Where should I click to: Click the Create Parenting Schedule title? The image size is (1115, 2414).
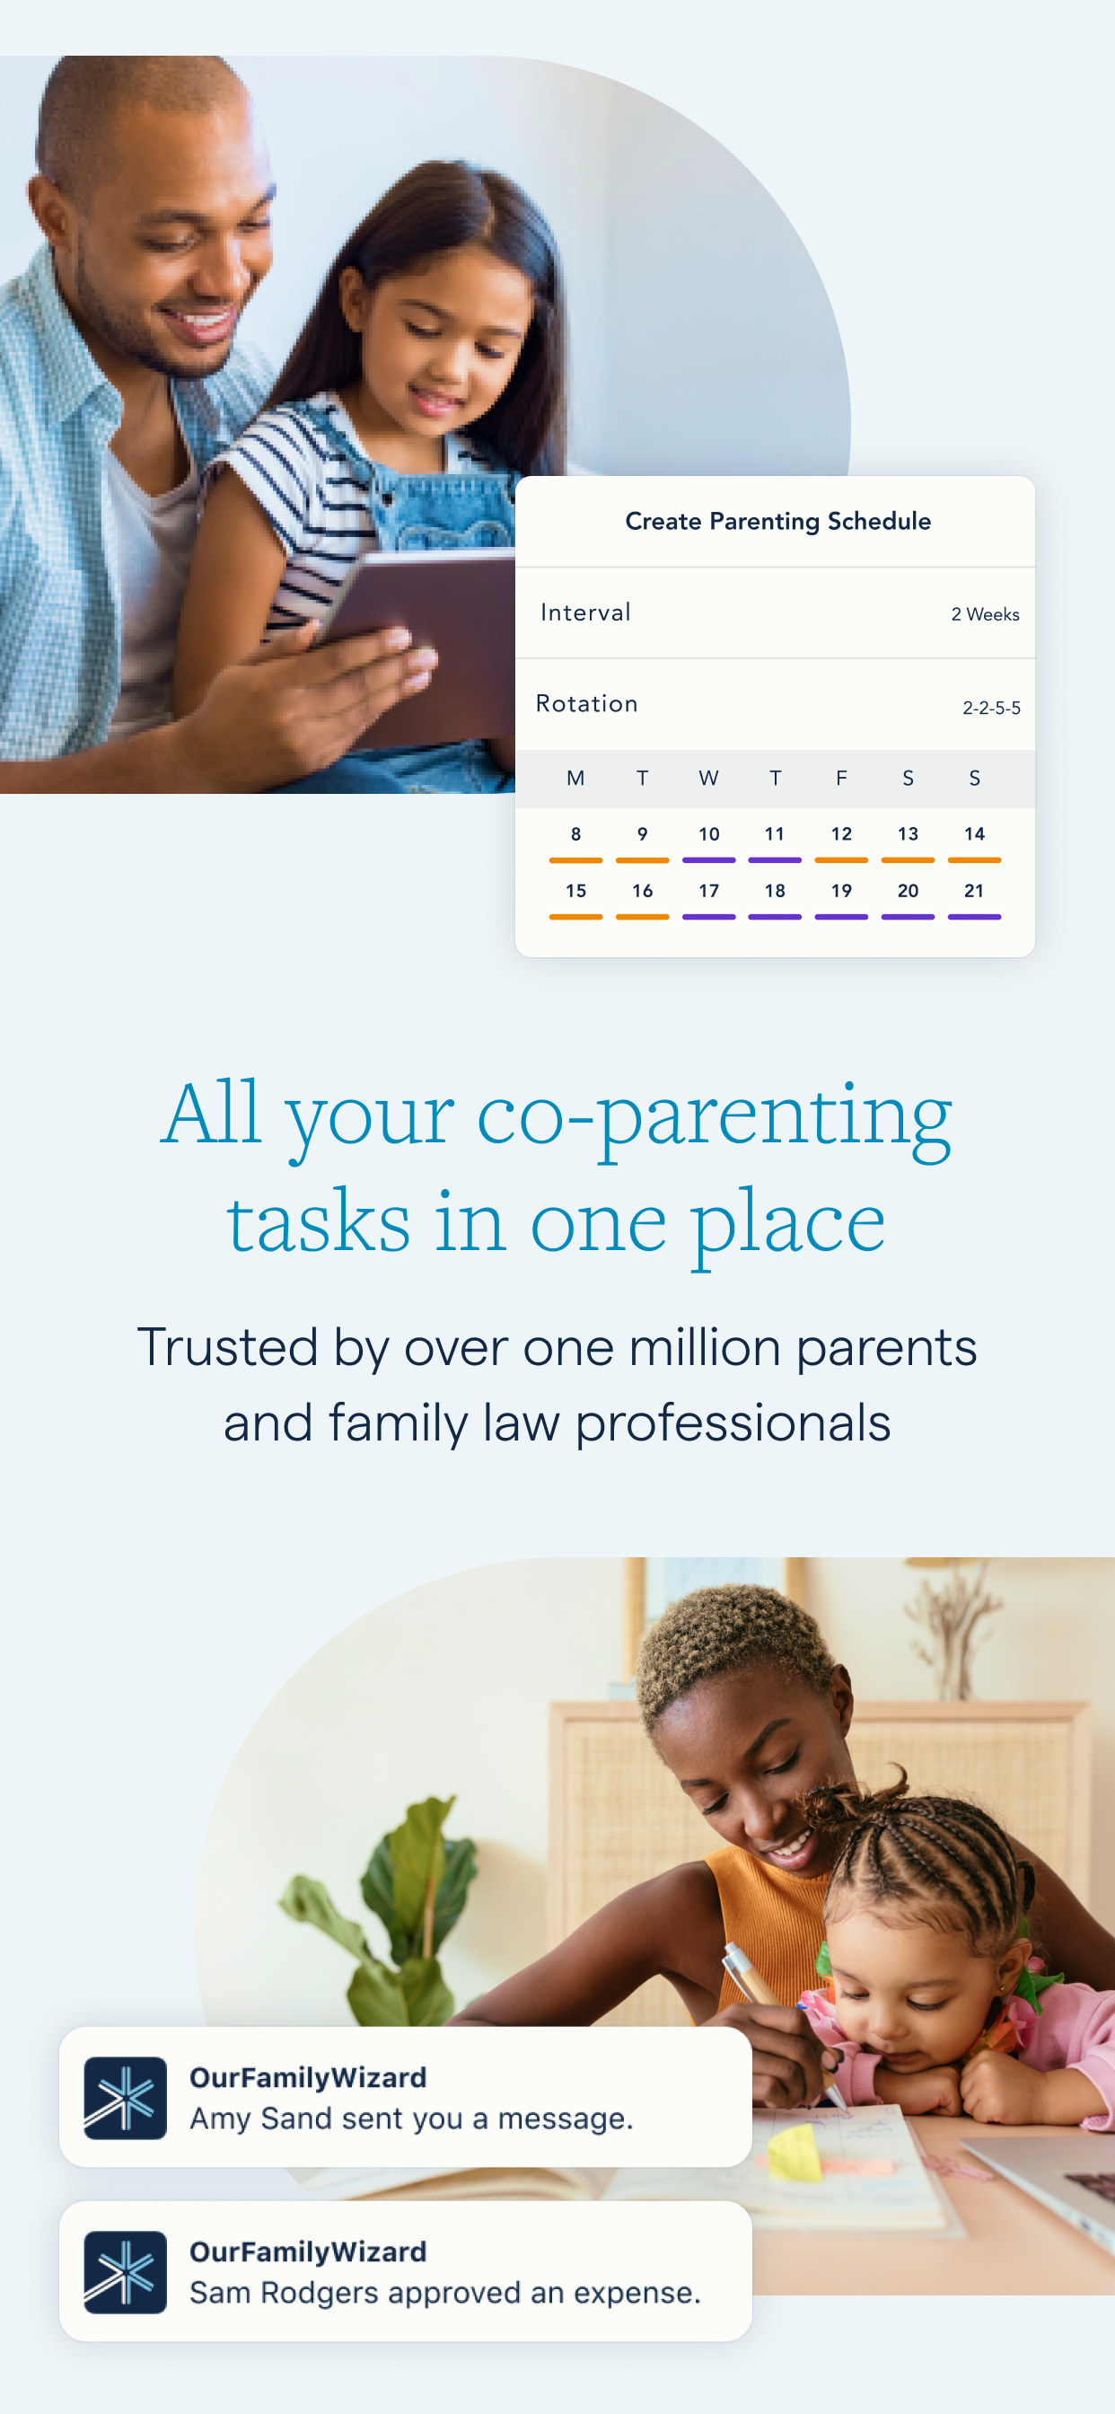(777, 521)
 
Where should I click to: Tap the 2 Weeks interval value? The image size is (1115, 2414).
(985, 613)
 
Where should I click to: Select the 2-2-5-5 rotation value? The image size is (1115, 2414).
(991, 708)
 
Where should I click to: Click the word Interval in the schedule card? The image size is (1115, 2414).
(585, 612)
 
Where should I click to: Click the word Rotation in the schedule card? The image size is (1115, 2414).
(586, 703)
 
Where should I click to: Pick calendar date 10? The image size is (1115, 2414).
(708, 833)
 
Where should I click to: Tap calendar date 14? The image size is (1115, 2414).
(974, 833)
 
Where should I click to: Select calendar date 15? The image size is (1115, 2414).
(575, 890)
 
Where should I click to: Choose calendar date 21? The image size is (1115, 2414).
(974, 890)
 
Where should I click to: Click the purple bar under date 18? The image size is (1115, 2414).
(775, 917)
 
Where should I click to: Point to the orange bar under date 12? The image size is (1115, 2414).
(841, 859)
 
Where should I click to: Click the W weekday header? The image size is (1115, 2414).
(708, 778)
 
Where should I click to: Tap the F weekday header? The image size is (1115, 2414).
(841, 778)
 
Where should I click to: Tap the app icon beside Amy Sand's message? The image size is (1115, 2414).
(126, 2098)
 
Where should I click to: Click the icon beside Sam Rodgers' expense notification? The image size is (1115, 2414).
(126, 2272)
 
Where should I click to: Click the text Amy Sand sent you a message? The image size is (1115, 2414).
(411, 2119)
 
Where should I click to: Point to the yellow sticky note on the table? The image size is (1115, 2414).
(794, 2153)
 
